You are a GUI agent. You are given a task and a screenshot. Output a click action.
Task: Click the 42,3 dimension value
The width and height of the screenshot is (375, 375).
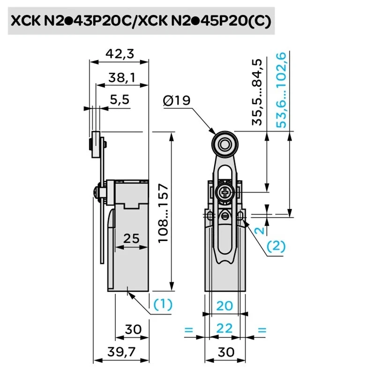(120, 54)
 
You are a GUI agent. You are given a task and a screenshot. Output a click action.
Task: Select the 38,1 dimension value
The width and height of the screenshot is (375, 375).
(122, 78)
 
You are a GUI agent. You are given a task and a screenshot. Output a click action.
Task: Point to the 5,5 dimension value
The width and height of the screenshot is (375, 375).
(120, 99)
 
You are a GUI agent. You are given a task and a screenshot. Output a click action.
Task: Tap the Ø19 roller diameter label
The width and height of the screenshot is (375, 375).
(177, 100)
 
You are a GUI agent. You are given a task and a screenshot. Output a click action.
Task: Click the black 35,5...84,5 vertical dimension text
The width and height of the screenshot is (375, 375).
(257, 92)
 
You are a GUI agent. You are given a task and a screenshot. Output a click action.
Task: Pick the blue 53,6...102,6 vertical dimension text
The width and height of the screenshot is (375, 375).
(281, 90)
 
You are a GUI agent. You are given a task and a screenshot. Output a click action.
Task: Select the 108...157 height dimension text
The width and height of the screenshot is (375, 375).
(163, 213)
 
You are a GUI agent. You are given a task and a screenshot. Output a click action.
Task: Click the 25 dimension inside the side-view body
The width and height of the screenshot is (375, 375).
(131, 239)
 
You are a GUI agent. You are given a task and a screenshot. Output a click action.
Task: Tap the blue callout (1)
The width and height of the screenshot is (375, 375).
(163, 304)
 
